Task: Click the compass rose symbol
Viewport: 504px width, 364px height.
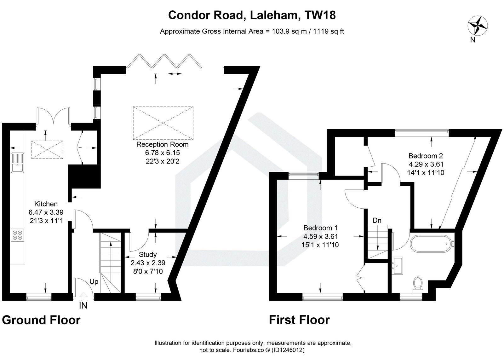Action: click(478, 26)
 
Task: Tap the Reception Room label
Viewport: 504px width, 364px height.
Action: click(162, 144)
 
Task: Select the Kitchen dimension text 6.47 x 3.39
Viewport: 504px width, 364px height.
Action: click(46, 212)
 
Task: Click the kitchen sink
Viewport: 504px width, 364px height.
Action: click(17, 163)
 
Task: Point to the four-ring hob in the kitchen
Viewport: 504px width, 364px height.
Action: click(17, 235)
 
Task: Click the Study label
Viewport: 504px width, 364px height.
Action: click(148, 254)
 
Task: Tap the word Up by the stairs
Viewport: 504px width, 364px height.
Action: click(94, 282)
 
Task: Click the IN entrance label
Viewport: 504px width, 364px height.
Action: click(83, 305)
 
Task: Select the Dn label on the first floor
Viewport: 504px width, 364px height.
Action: click(377, 220)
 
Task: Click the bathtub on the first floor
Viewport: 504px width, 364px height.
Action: click(429, 243)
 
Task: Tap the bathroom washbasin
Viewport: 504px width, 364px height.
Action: click(398, 265)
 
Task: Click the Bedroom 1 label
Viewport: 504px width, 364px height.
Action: click(320, 228)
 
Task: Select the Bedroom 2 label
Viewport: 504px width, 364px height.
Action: click(426, 156)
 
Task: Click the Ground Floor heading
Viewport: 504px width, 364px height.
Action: click(41, 320)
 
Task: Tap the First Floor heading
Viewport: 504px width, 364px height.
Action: click(299, 320)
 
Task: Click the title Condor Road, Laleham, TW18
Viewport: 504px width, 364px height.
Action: click(252, 15)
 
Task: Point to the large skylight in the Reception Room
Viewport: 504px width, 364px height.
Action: click(163, 123)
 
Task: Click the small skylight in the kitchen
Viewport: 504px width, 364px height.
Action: click(47, 150)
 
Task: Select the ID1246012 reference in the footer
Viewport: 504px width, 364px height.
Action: click(288, 350)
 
